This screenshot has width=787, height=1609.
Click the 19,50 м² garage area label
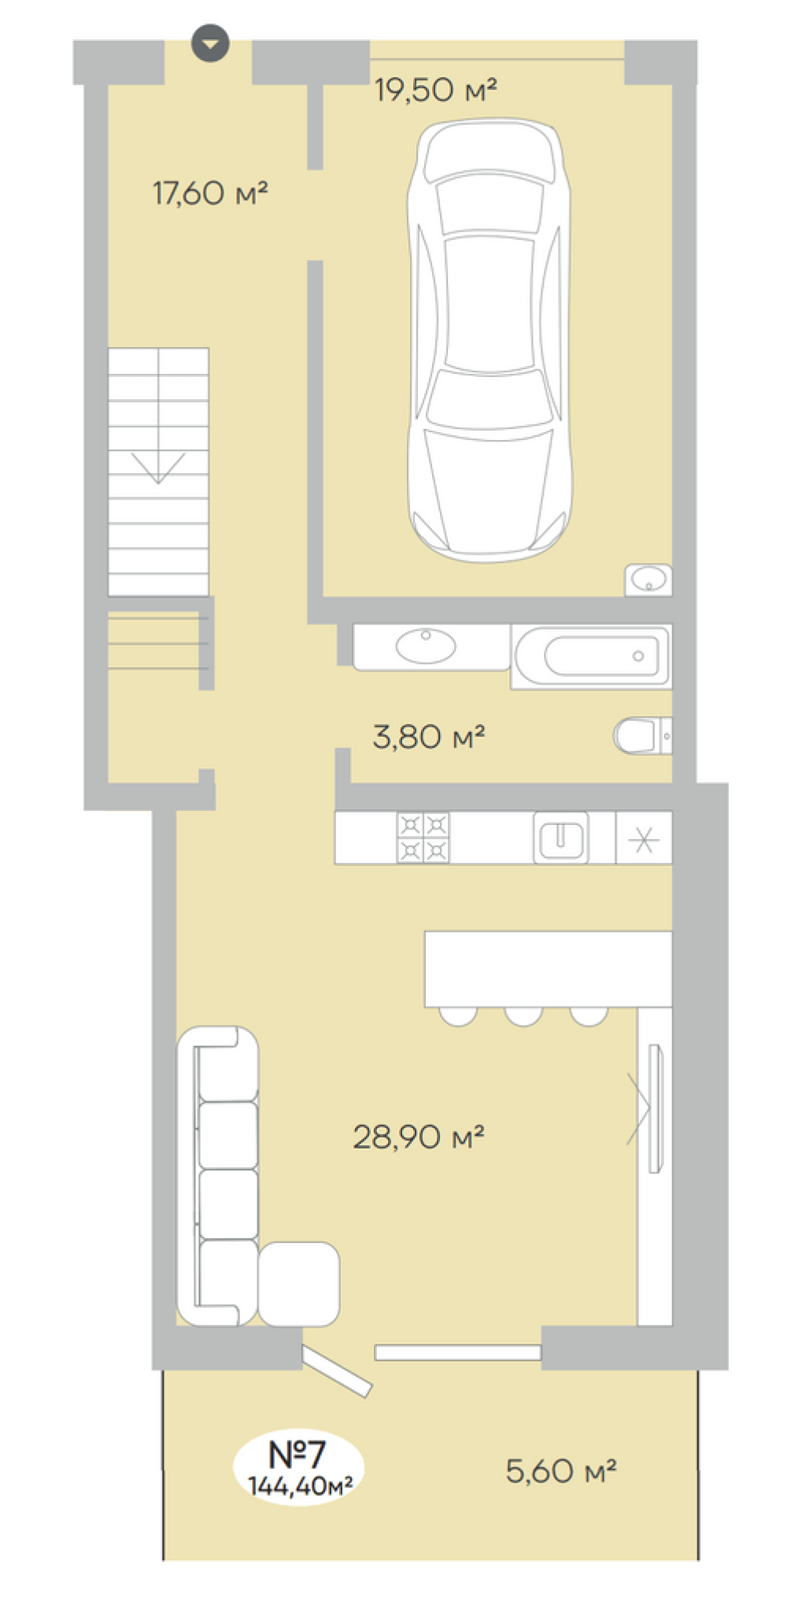pyautogui.click(x=435, y=90)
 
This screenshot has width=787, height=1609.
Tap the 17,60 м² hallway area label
pyautogui.click(x=210, y=193)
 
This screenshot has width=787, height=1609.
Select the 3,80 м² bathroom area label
pyautogui.click(x=428, y=737)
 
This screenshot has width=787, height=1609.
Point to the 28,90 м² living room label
pyautogui.click(x=418, y=1137)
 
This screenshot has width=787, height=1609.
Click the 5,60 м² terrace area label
pyautogui.click(x=560, y=1470)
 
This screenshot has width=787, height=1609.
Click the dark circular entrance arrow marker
pyautogui.click(x=210, y=43)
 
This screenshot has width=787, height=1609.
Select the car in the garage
pyautogui.click(x=489, y=340)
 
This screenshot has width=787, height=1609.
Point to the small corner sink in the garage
pyautogui.click(x=648, y=580)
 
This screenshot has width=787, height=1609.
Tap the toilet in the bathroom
pyautogui.click(x=642, y=736)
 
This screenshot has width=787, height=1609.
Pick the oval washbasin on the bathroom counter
pyautogui.click(x=426, y=646)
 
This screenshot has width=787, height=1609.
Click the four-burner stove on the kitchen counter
pyautogui.click(x=423, y=838)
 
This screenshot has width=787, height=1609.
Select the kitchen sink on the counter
pyautogui.click(x=561, y=838)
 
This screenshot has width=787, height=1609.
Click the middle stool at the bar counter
pyautogui.click(x=523, y=1016)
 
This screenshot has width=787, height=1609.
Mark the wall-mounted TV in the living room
pyautogui.click(x=655, y=1108)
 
